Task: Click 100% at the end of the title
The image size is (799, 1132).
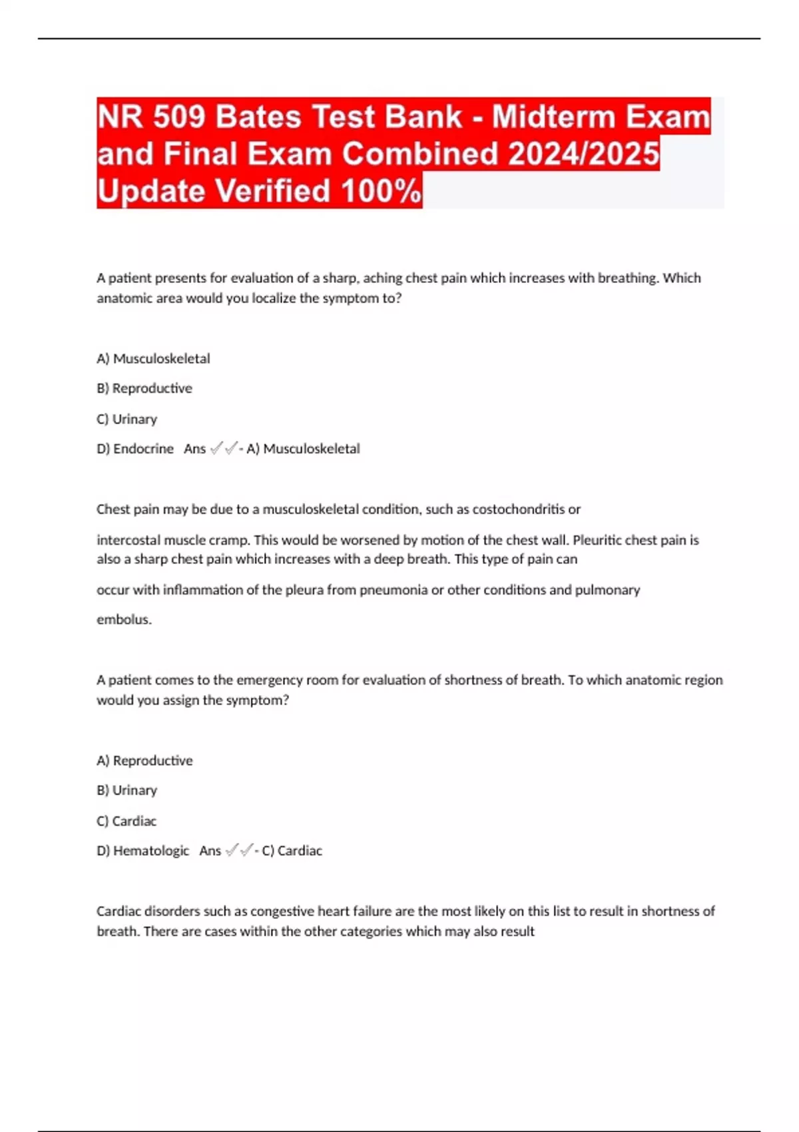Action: (381, 191)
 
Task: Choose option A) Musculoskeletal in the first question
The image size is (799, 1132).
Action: (153, 359)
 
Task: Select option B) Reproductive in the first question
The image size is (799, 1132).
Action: (144, 388)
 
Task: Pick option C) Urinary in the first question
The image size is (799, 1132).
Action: (127, 419)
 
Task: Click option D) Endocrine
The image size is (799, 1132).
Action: (135, 449)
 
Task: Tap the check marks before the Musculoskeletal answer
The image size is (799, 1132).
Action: (224, 449)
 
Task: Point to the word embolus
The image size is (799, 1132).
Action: (124, 619)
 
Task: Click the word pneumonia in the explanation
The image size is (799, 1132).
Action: (394, 590)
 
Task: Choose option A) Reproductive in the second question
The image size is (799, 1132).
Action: (144, 760)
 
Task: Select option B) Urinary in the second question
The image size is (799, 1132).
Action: (127, 790)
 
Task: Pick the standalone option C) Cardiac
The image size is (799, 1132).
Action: (127, 821)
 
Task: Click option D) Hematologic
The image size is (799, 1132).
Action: (143, 851)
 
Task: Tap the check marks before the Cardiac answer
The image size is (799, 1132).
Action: (240, 850)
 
